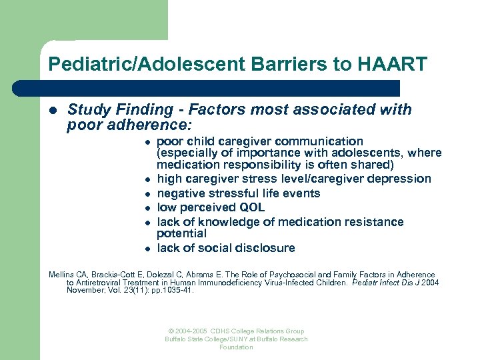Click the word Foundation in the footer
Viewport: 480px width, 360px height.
click(x=236, y=347)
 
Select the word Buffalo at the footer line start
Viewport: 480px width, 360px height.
click(x=176, y=339)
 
